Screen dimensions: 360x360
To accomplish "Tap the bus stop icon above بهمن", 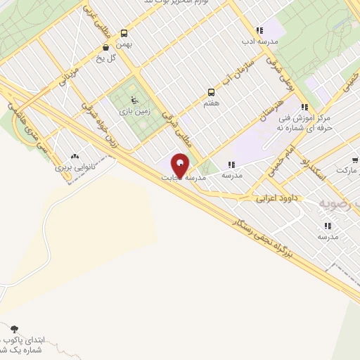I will [124, 33].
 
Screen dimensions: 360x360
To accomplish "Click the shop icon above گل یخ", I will [105, 48].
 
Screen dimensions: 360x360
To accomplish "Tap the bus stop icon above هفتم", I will [211, 92].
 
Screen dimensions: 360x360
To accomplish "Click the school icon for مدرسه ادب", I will [259, 30].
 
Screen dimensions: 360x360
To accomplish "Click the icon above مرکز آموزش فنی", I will [304, 108].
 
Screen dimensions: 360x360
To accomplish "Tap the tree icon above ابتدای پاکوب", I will [14, 328].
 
